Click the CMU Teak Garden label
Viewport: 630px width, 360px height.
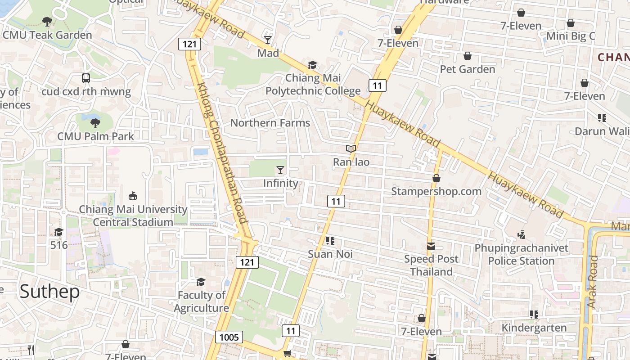click(47, 35)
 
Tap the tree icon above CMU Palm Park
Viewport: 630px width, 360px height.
click(95, 123)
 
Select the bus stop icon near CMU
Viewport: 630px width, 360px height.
click(86, 78)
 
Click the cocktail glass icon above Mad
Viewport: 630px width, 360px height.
click(268, 40)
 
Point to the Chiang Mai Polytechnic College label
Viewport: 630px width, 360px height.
click(313, 85)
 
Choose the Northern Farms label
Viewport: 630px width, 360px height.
click(270, 123)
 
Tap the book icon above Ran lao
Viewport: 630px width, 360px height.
click(351, 148)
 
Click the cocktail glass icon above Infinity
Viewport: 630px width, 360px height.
click(280, 170)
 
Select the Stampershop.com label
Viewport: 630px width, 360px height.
click(436, 191)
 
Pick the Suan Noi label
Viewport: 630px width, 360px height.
click(330, 254)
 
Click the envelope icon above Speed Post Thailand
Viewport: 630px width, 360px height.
click(431, 246)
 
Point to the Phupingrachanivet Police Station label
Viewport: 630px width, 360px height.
click(522, 255)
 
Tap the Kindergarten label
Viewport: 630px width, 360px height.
click(534, 328)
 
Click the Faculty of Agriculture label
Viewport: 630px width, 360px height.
click(202, 301)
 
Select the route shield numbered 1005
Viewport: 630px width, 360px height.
click(229, 337)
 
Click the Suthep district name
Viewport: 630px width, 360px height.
click(49, 292)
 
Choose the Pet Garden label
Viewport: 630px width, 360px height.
click(468, 69)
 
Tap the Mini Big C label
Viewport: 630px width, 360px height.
click(571, 36)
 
